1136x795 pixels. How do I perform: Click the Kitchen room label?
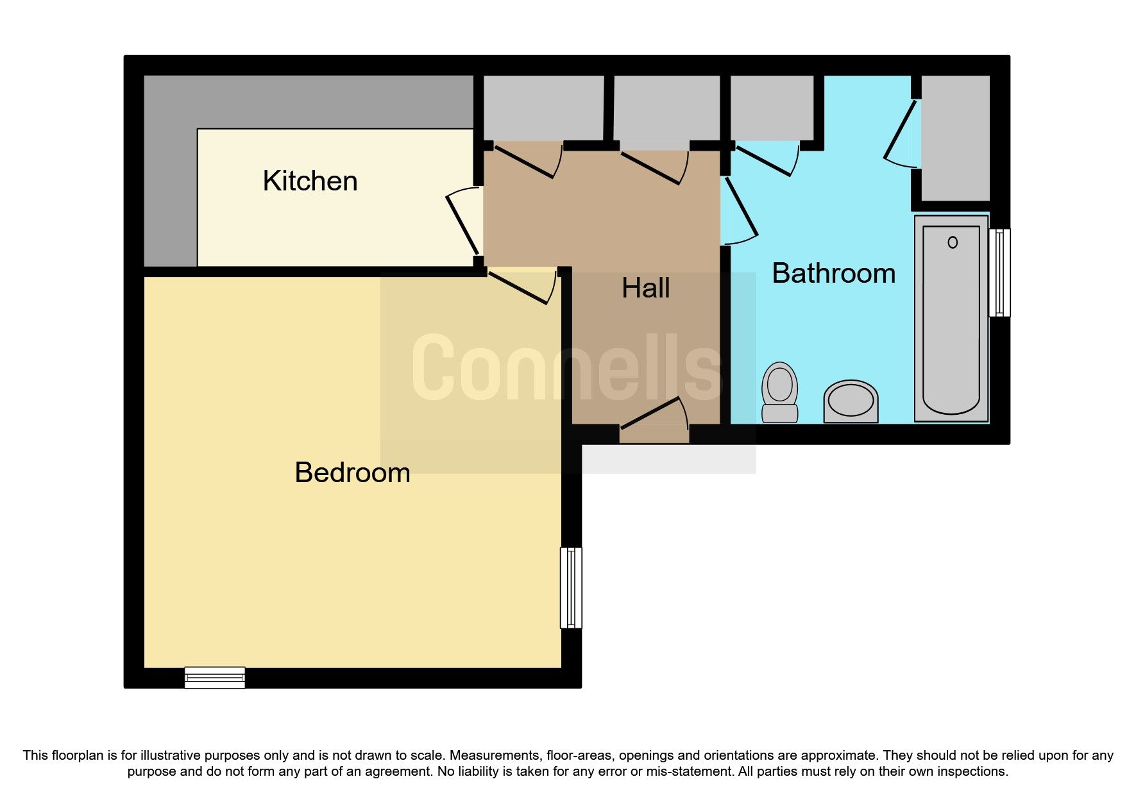point(310,181)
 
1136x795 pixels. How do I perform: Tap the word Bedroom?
point(352,473)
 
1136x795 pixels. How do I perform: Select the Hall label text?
point(645,289)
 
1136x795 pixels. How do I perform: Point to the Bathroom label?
point(833,274)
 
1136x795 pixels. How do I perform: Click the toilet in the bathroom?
point(779,392)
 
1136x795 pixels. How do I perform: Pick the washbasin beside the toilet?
point(851,401)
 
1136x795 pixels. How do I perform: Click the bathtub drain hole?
point(953,242)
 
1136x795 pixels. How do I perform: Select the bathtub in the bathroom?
point(951,319)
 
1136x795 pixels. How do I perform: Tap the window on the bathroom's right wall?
point(999,272)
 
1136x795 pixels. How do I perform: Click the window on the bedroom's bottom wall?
point(215,678)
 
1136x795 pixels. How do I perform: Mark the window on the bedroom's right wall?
point(571,587)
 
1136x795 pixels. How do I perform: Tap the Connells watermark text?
point(568,368)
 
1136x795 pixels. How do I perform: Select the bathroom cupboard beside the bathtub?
point(955,137)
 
